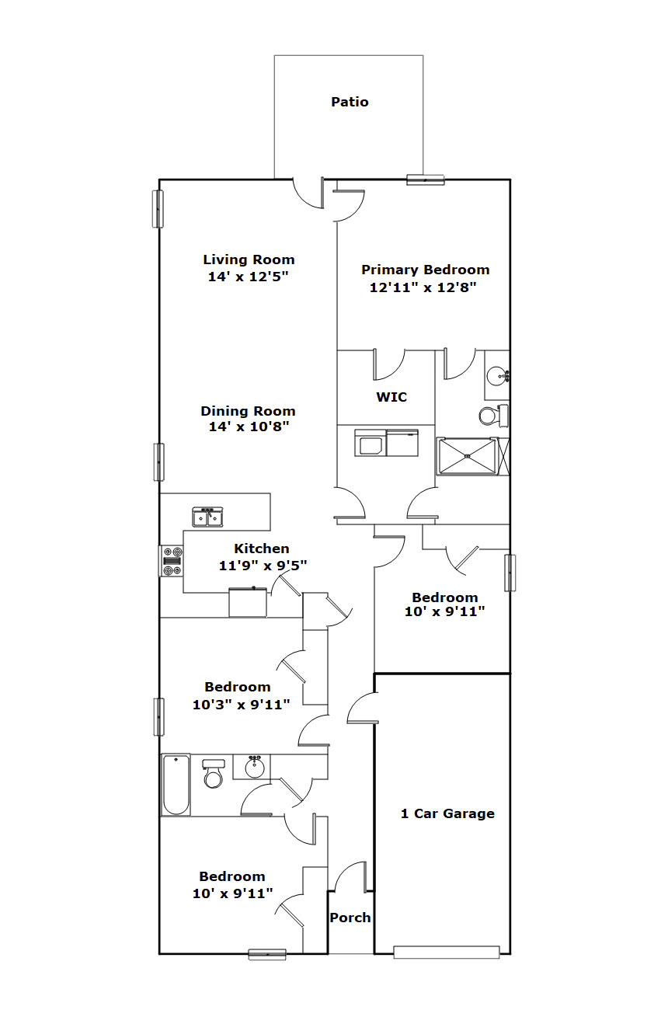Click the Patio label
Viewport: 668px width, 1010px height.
(x=350, y=102)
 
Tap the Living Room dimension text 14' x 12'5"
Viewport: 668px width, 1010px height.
(x=248, y=277)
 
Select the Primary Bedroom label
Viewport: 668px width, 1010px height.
(x=426, y=270)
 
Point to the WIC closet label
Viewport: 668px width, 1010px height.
(x=391, y=397)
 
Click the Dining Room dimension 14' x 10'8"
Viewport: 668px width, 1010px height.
(x=249, y=426)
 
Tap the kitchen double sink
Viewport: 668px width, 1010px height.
(x=207, y=517)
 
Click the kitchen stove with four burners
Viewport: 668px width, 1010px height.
(x=172, y=560)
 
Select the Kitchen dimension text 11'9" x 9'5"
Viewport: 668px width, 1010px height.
(x=263, y=565)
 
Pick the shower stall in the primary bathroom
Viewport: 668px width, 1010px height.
(x=467, y=456)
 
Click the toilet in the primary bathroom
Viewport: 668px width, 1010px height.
(x=493, y=416)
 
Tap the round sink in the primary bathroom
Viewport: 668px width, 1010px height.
(x=497, y=375)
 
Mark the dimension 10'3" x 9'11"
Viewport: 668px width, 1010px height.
(x=241, y=705)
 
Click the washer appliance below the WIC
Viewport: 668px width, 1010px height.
(x=370, y=443)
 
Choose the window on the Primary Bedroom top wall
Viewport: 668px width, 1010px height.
(x=426, y=180)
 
